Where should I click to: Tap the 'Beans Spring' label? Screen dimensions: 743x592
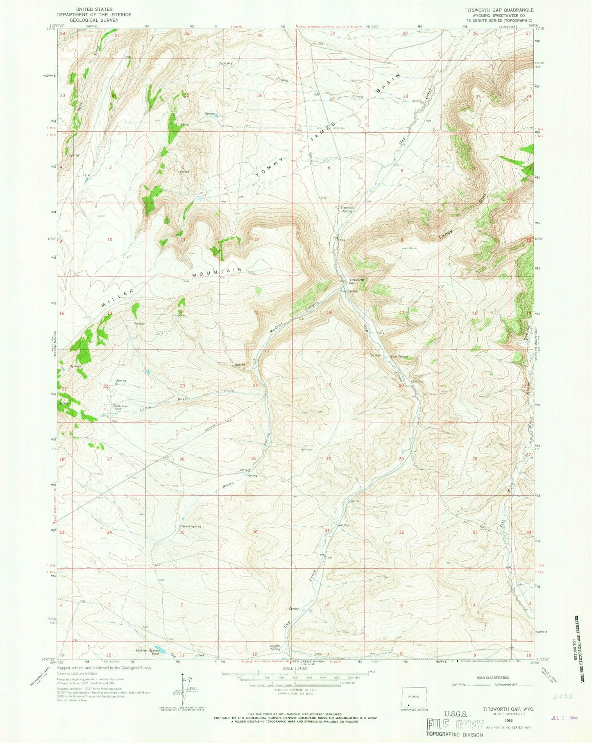191,526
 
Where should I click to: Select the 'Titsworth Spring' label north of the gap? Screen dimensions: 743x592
346,209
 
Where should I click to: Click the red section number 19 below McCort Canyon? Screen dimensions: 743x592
329,385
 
